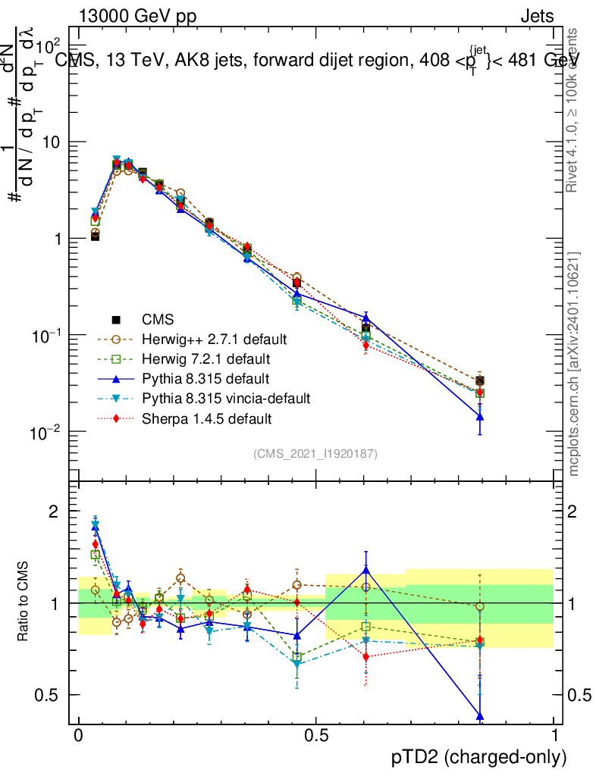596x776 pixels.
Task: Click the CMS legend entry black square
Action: coord(115,319)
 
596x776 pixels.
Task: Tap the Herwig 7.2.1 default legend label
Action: coord(206,358)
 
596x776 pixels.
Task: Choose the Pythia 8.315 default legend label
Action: coord(205,378)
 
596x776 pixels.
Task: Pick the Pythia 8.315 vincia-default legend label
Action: coord(226,398)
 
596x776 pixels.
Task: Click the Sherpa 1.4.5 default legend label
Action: coord(206,418)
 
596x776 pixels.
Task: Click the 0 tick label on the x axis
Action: coord(79,736)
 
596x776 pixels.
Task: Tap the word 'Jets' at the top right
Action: coord(537,16)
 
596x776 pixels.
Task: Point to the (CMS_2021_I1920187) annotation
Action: coord(315,453)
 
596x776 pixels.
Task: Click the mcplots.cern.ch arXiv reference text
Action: coord(574,363)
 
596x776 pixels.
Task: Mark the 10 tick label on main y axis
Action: coord(51,142)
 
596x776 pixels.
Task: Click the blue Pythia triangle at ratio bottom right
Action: coord(479,716)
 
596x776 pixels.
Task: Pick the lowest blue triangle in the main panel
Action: coord(479,416)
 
